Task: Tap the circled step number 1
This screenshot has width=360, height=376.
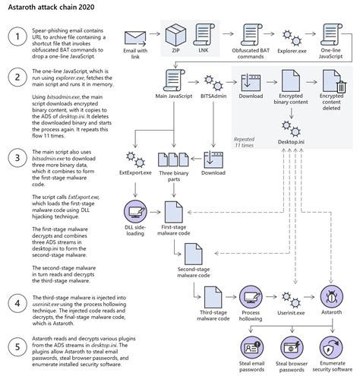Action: [16, 37]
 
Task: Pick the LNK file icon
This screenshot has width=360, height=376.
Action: [203, 35]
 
